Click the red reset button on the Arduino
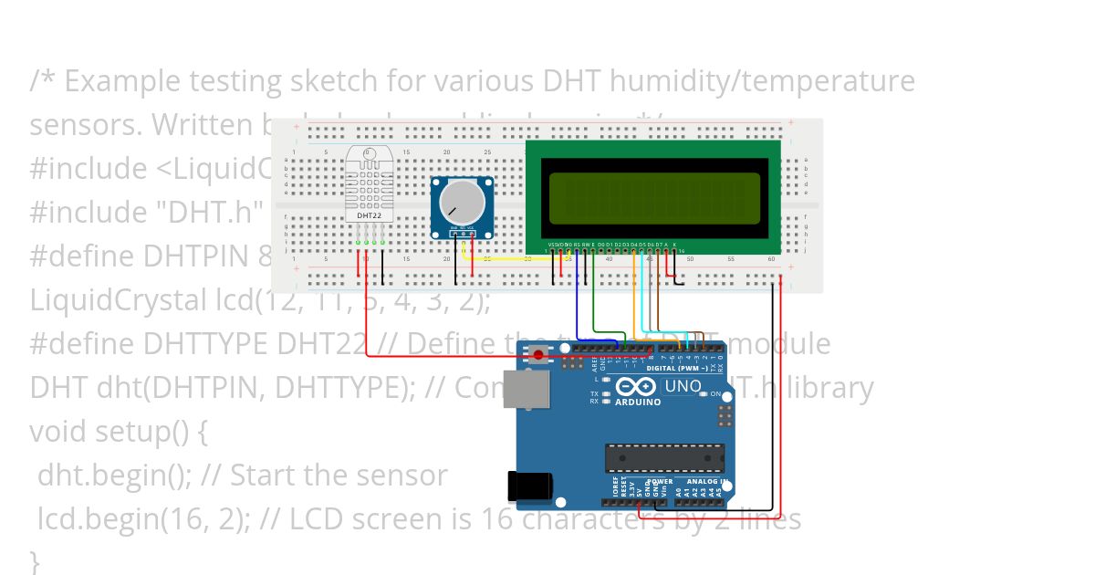(x=539, y=354)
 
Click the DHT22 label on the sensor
(x=369, y=216)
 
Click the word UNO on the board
(x=683, y=386)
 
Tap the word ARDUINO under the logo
(x=638, y=402)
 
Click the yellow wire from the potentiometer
(x=511, y=258)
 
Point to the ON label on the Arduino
(x=716, y=393)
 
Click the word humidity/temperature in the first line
(x=762, y=81)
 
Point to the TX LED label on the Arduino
(x=594, y=393)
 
